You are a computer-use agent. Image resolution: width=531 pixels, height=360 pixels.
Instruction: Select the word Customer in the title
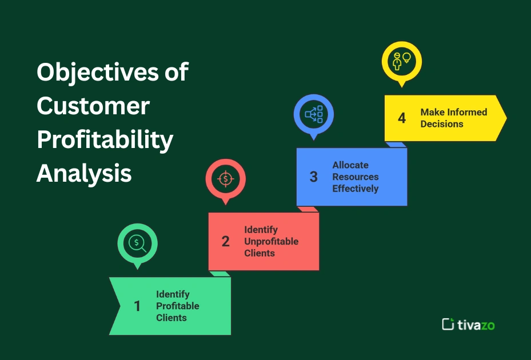[93, 106]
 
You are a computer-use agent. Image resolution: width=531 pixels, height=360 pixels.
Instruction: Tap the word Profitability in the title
[105, 140]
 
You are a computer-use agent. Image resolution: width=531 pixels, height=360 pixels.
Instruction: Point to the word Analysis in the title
[84, 173]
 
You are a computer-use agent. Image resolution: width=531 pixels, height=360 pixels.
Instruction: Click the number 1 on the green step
[137, 306]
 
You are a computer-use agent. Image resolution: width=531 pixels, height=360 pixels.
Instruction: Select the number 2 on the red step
[225, 242]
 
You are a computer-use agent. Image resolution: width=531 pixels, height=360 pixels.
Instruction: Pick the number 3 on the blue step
[313, 177]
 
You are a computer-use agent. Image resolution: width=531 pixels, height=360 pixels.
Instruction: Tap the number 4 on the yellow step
[402, 118]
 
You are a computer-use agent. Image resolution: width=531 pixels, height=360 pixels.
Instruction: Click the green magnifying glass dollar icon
[137, 243]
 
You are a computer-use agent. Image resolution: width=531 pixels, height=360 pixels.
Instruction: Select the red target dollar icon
[225, 178]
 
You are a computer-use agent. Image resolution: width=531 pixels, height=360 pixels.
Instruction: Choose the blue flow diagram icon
[314, 114]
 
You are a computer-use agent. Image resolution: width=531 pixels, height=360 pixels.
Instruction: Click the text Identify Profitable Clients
[178, 306]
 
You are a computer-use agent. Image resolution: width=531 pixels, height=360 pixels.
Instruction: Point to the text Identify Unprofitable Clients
[271, 241]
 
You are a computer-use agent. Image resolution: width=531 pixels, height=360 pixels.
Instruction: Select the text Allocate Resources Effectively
[356, 177]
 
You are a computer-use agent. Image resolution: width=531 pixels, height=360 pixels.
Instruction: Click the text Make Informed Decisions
[453, 118]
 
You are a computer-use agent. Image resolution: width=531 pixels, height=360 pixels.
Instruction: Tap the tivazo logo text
[476, 325]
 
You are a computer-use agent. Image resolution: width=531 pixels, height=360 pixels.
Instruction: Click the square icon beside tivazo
[448, 324]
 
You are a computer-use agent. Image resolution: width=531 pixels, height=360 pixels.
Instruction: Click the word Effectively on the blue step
[356, 189]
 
